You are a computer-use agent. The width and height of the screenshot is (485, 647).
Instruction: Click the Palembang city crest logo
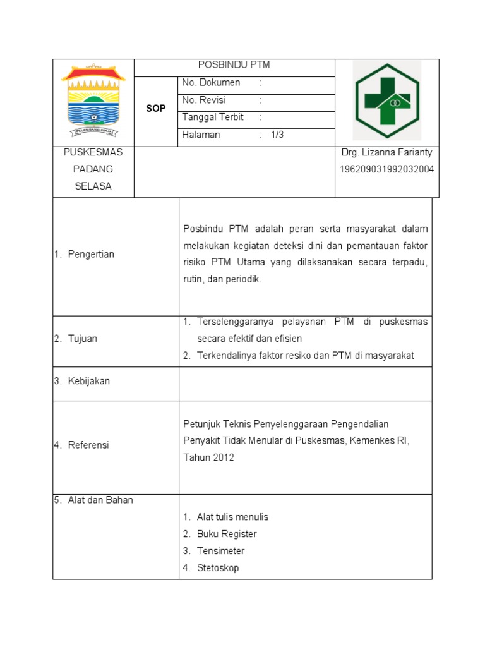pos(93,100)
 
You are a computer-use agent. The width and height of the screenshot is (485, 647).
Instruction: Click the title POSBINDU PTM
pos(234,65)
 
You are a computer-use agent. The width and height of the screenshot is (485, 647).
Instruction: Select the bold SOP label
pos(156,109)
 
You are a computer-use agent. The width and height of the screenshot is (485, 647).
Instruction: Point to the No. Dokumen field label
pos(211,83)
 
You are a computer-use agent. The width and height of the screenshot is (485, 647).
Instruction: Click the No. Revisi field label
pos(203,100)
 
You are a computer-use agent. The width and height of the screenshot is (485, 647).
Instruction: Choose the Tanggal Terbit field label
pos(213,117)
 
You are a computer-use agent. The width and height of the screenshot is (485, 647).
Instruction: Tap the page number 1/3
pos(278,135)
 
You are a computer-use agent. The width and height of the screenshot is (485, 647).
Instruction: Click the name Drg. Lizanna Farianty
pos(386,152)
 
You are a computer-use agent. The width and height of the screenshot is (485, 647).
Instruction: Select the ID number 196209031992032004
pos(386,169)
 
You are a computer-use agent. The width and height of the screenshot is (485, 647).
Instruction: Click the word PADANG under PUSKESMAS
pos(93,169)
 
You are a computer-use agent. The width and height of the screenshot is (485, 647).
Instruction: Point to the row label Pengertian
pos(91,254)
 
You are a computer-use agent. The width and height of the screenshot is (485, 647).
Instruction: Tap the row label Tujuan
pos(83,339)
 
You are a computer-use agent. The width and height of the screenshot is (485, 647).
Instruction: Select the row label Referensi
pos(88,445)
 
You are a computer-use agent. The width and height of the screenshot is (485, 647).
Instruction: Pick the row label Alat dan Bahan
pos(100,500)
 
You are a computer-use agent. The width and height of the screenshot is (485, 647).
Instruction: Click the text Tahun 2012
pos(208,457)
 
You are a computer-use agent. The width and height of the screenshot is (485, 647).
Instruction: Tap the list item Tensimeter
pos(220,551)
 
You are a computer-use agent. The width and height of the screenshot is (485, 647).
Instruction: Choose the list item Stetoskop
pos(218,568)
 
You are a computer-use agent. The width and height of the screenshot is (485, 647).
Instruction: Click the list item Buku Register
pos(227,534)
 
